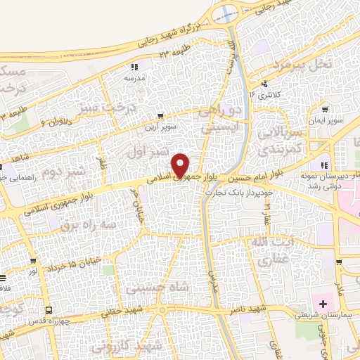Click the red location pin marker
(x=182, y=165)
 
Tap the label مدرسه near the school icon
(x=134, y=78)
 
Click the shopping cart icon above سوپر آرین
(x=162, y=115)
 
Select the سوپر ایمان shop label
(x=328, y=120)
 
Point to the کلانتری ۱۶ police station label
(x=266, y=94)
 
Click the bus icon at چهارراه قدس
(x=48, y=309)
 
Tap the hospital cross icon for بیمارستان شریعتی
(x=323, y=304)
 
